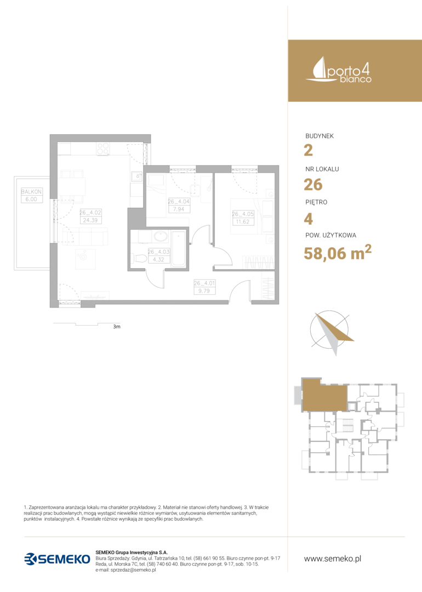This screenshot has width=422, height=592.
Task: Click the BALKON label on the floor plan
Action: tap(31, 191)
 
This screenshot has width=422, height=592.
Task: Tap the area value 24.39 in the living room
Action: tap(90, 220)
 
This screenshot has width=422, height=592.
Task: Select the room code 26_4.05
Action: tap(243, 214)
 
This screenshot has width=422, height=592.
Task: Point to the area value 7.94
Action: tap(179, 209)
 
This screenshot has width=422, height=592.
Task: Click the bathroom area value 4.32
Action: tap(158, 259)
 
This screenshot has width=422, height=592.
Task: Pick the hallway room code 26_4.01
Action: tap(204, 283)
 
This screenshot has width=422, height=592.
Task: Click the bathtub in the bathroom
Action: tap(178, 249)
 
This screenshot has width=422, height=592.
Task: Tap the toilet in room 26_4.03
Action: tap(140, 259)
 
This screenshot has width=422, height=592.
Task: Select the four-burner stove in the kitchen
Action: tap(102, 149)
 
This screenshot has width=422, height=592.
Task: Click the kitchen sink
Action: tap(136, 177)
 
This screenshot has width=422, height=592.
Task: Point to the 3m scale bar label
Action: tap(117, 327)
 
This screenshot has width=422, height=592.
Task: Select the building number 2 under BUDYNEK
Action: tap(309, 150)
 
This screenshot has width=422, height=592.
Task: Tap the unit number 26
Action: tap(313, 185)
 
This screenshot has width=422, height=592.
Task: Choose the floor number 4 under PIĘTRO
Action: tap(309, 219)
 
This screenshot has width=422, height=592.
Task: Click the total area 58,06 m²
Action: tap(338, 252)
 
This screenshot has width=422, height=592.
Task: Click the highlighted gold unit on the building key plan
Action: tap(324, 395)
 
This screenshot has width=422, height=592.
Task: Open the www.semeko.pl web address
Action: tap(333, 559)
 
